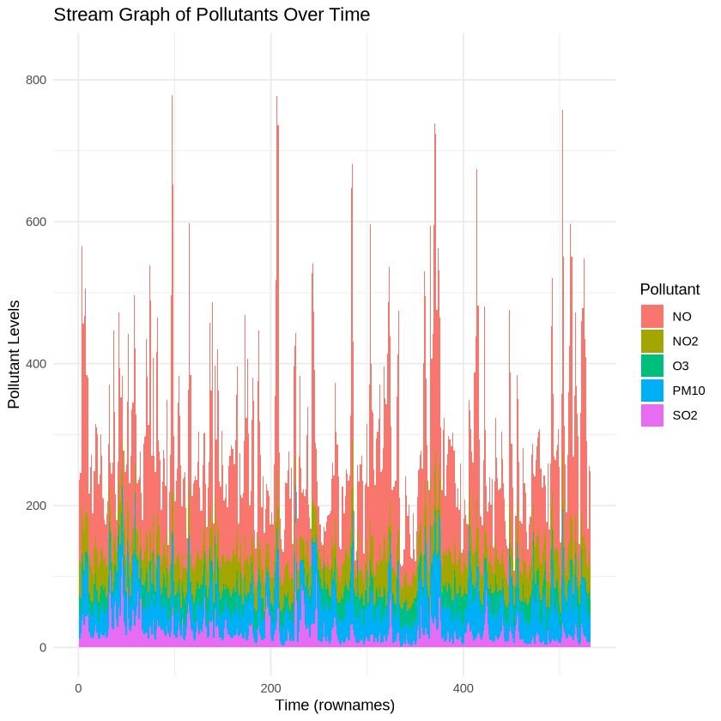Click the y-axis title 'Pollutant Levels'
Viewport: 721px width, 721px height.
(14, 354)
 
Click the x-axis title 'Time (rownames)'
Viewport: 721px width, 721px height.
(335, 705)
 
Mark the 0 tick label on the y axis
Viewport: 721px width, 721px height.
(65, 647)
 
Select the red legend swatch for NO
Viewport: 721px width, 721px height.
(652, 315)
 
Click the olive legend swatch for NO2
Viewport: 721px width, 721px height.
(652, 340)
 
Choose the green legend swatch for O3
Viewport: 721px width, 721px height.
(652, 365)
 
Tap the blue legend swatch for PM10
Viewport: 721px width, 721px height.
(652, 390)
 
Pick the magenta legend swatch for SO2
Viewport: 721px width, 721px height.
(652, 415)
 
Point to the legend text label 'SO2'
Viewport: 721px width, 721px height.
(684, 415)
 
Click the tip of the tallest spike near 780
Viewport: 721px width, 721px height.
(172, 96)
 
